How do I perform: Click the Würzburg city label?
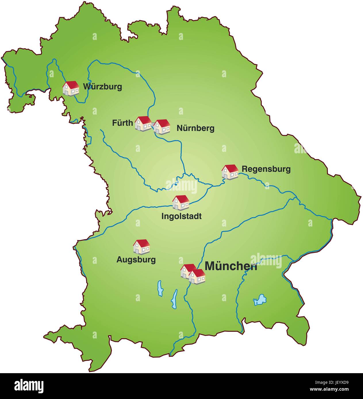coord(102,86)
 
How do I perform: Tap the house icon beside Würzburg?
coord(71,88)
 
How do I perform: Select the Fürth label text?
coord(122,123)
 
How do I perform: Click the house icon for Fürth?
coord(143,123)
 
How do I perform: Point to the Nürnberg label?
coord(195,128)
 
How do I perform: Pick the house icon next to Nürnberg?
coord(162,127)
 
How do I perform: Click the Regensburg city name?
coord(266,169)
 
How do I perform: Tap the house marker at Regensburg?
coord(230,172)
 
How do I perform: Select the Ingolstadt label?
coord(181,216)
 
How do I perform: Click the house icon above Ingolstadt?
coord(181,202)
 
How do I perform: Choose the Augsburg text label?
coord(136,259)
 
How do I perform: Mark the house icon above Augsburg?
coord(141,247)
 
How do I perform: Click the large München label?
coord(231,266)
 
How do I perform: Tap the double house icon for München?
coord(193,274)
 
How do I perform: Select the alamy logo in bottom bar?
coord(29,386)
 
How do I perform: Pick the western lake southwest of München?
coord(160,288)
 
